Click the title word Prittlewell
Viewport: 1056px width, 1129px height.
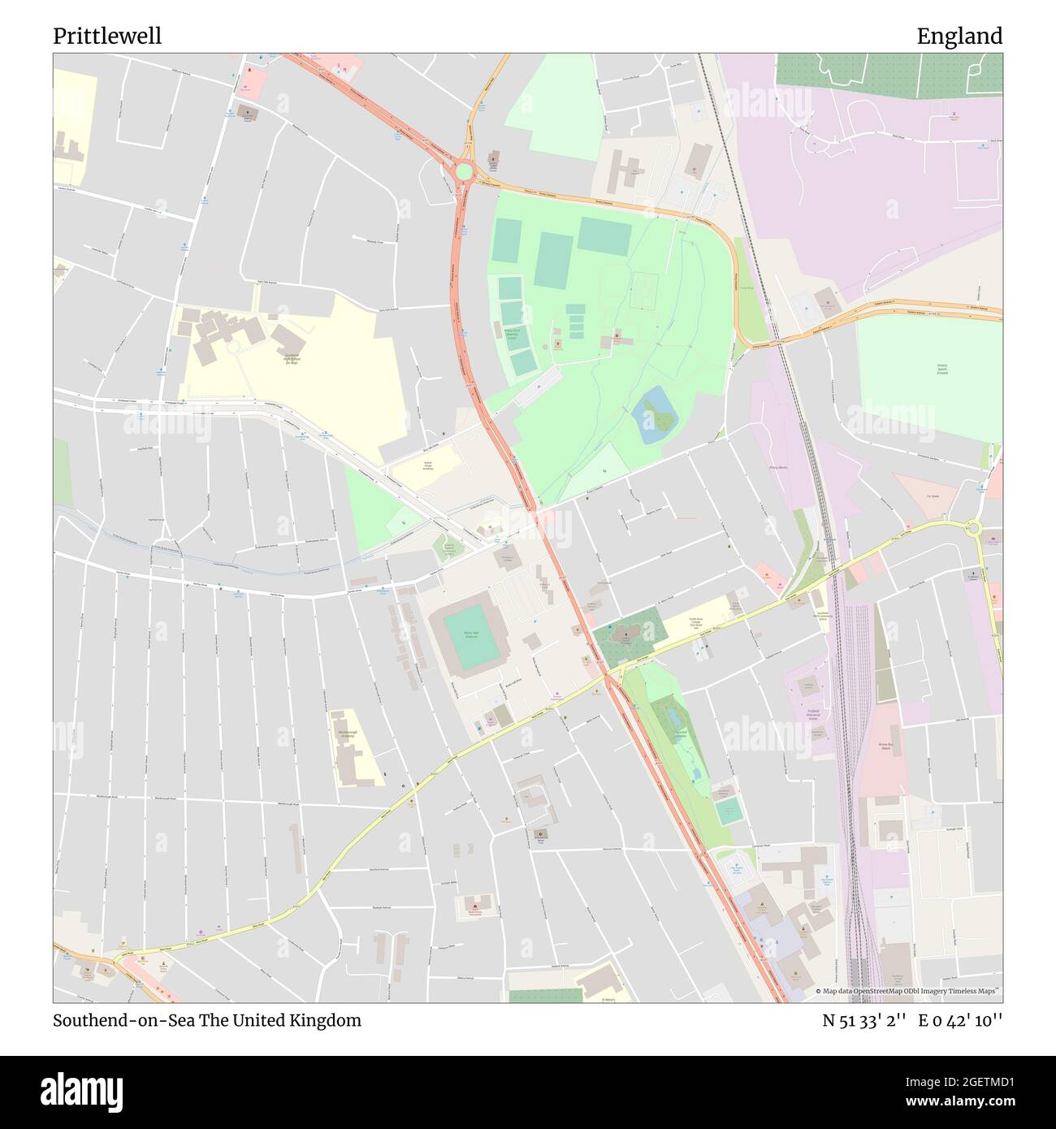click(x=107, y=36)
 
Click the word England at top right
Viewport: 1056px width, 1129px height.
click(x=959, y=36)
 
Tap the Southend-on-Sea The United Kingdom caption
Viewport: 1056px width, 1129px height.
click(x=207, y=1020)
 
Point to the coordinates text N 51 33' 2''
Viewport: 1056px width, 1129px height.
click(x=865, y=1020)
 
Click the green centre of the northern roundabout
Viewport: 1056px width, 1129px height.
click(x=463, y=171)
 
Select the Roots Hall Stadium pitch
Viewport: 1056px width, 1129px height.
click(x=470, y=638)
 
